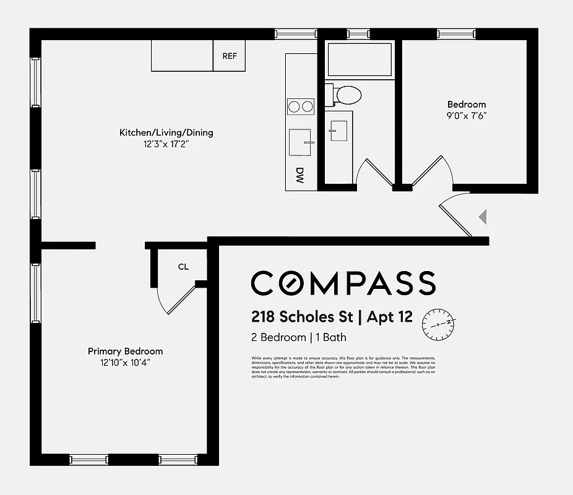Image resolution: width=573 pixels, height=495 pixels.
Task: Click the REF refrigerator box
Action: coord(230,56)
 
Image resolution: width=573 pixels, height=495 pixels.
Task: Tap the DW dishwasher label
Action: coord(300,176)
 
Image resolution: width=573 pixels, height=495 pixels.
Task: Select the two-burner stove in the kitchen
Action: coord(301,107)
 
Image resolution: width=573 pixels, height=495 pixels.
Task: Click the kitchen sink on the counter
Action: coord(301,142)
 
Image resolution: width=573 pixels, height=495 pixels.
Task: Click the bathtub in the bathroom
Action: coord(359,59)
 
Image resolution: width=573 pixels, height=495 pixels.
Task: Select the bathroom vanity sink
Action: coord(338,131)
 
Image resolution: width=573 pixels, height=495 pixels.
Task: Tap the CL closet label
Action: coord(183,267)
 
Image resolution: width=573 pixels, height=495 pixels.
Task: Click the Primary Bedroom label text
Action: coord(125,351)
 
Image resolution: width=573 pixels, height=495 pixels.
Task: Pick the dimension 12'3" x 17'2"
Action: coord(166,144)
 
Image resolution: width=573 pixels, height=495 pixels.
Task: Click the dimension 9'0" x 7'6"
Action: coord(467,116)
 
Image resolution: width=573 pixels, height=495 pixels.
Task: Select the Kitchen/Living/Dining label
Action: coord(166,132)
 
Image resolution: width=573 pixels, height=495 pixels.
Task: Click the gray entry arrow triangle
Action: coord(484,217)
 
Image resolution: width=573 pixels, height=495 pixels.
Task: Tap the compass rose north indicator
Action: coord(439,324)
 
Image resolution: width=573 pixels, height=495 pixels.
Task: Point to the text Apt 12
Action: coord(389,317)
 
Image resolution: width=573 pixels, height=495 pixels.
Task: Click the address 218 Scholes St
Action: coord(302,317)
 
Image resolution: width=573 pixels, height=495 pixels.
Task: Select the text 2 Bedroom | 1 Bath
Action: coord(298,337)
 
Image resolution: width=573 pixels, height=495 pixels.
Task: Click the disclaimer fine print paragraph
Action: coord(343,367)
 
